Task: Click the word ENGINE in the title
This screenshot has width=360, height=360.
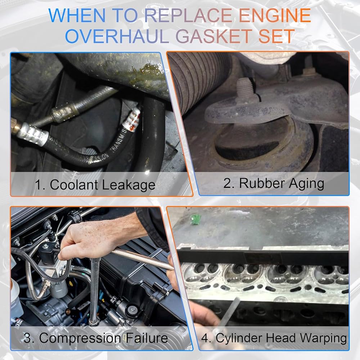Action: (275, 15)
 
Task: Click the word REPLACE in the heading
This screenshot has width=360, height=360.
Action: (188, 15)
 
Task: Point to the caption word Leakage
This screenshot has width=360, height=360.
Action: (128, 185)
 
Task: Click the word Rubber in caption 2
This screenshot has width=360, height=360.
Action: (262, 183)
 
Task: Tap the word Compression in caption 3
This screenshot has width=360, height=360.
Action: (80, 338)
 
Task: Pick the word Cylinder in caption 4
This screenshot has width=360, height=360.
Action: (239, 338)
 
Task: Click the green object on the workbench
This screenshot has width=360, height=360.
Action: (195, 219)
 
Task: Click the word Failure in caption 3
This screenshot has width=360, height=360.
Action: (147, 338)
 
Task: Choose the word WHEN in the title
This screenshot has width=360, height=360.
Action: (77, 15)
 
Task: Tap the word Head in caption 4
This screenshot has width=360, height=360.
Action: (281, 338)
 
